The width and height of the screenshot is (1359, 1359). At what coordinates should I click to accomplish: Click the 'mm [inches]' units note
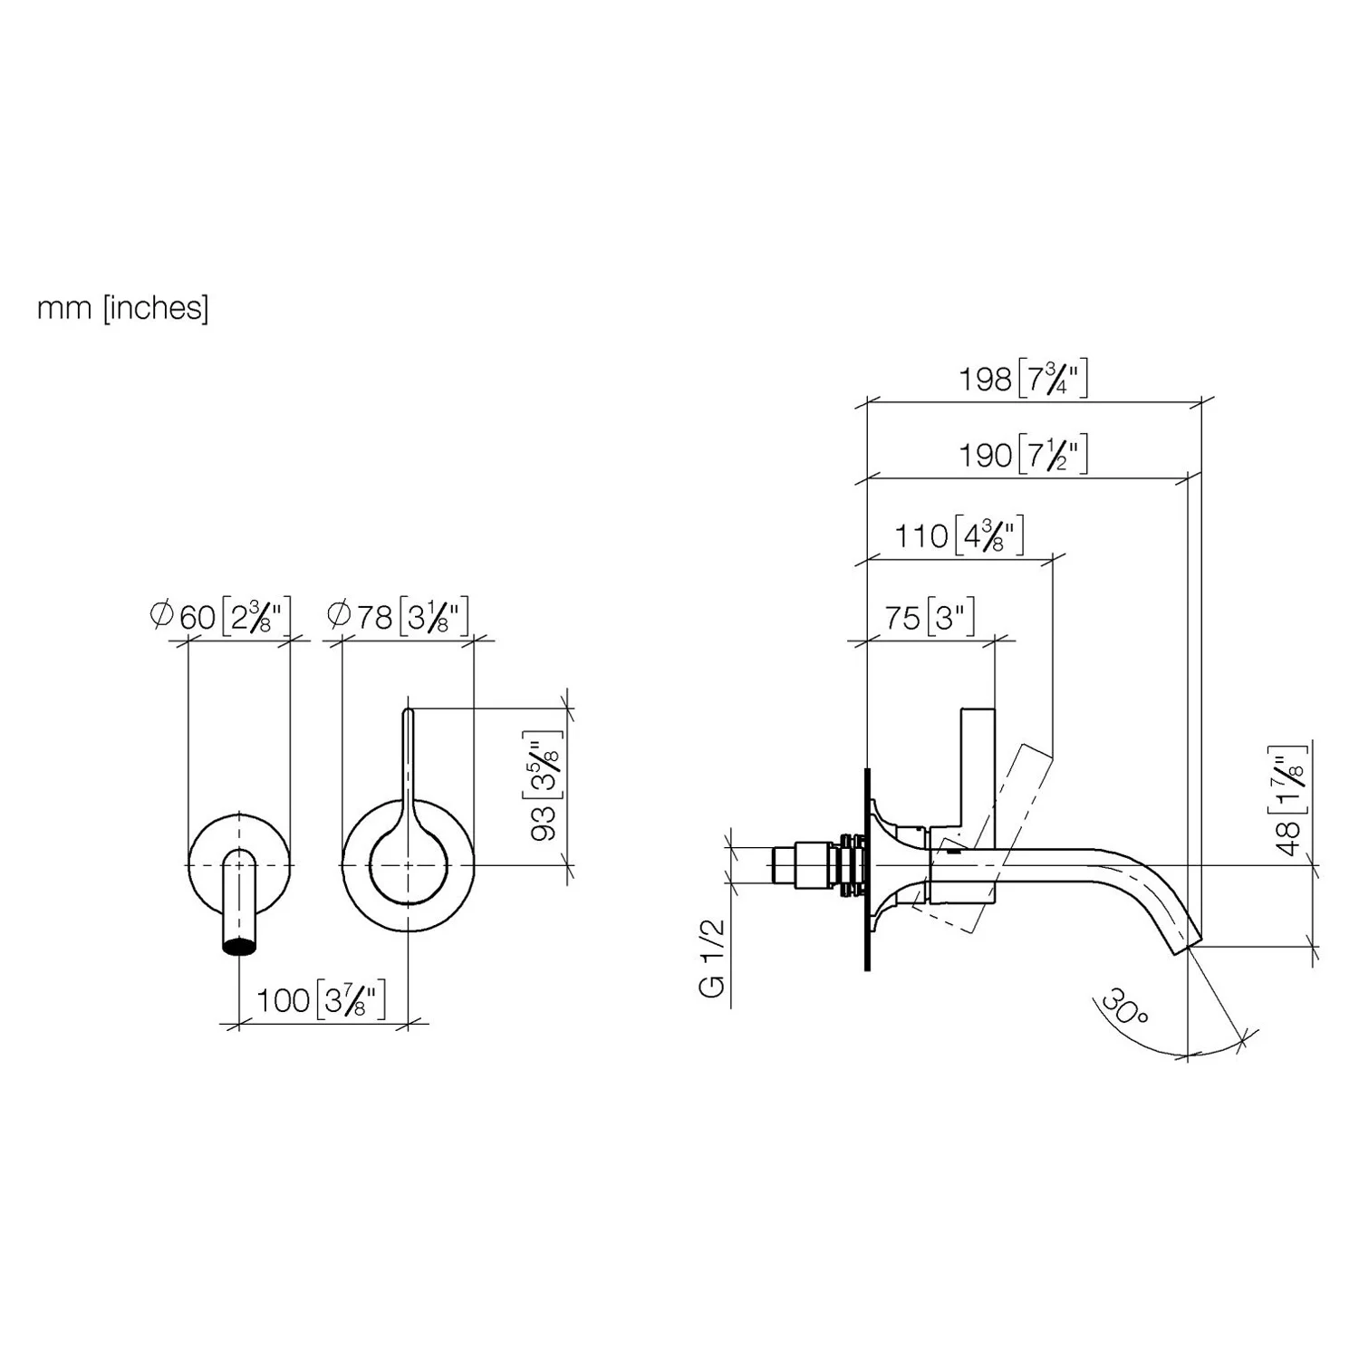[x=122, y=308]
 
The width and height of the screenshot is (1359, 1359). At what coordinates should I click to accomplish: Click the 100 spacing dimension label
[x=322, y=1000]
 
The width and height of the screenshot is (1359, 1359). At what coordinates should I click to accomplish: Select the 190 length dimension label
[x=1024, y=454]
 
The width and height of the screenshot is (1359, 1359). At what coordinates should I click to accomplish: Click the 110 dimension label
[x=959, y=535]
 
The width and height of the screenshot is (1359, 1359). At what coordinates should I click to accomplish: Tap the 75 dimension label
[x=930, y=618]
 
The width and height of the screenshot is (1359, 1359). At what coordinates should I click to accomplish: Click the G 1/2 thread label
[x=714, y=958]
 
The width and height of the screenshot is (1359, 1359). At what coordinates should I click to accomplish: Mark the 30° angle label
[x=1123, y=1008]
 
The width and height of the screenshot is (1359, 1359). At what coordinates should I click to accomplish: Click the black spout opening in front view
[x=239, y=947]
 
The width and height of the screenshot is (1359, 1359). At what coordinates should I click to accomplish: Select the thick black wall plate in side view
[x=867, y=870]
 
